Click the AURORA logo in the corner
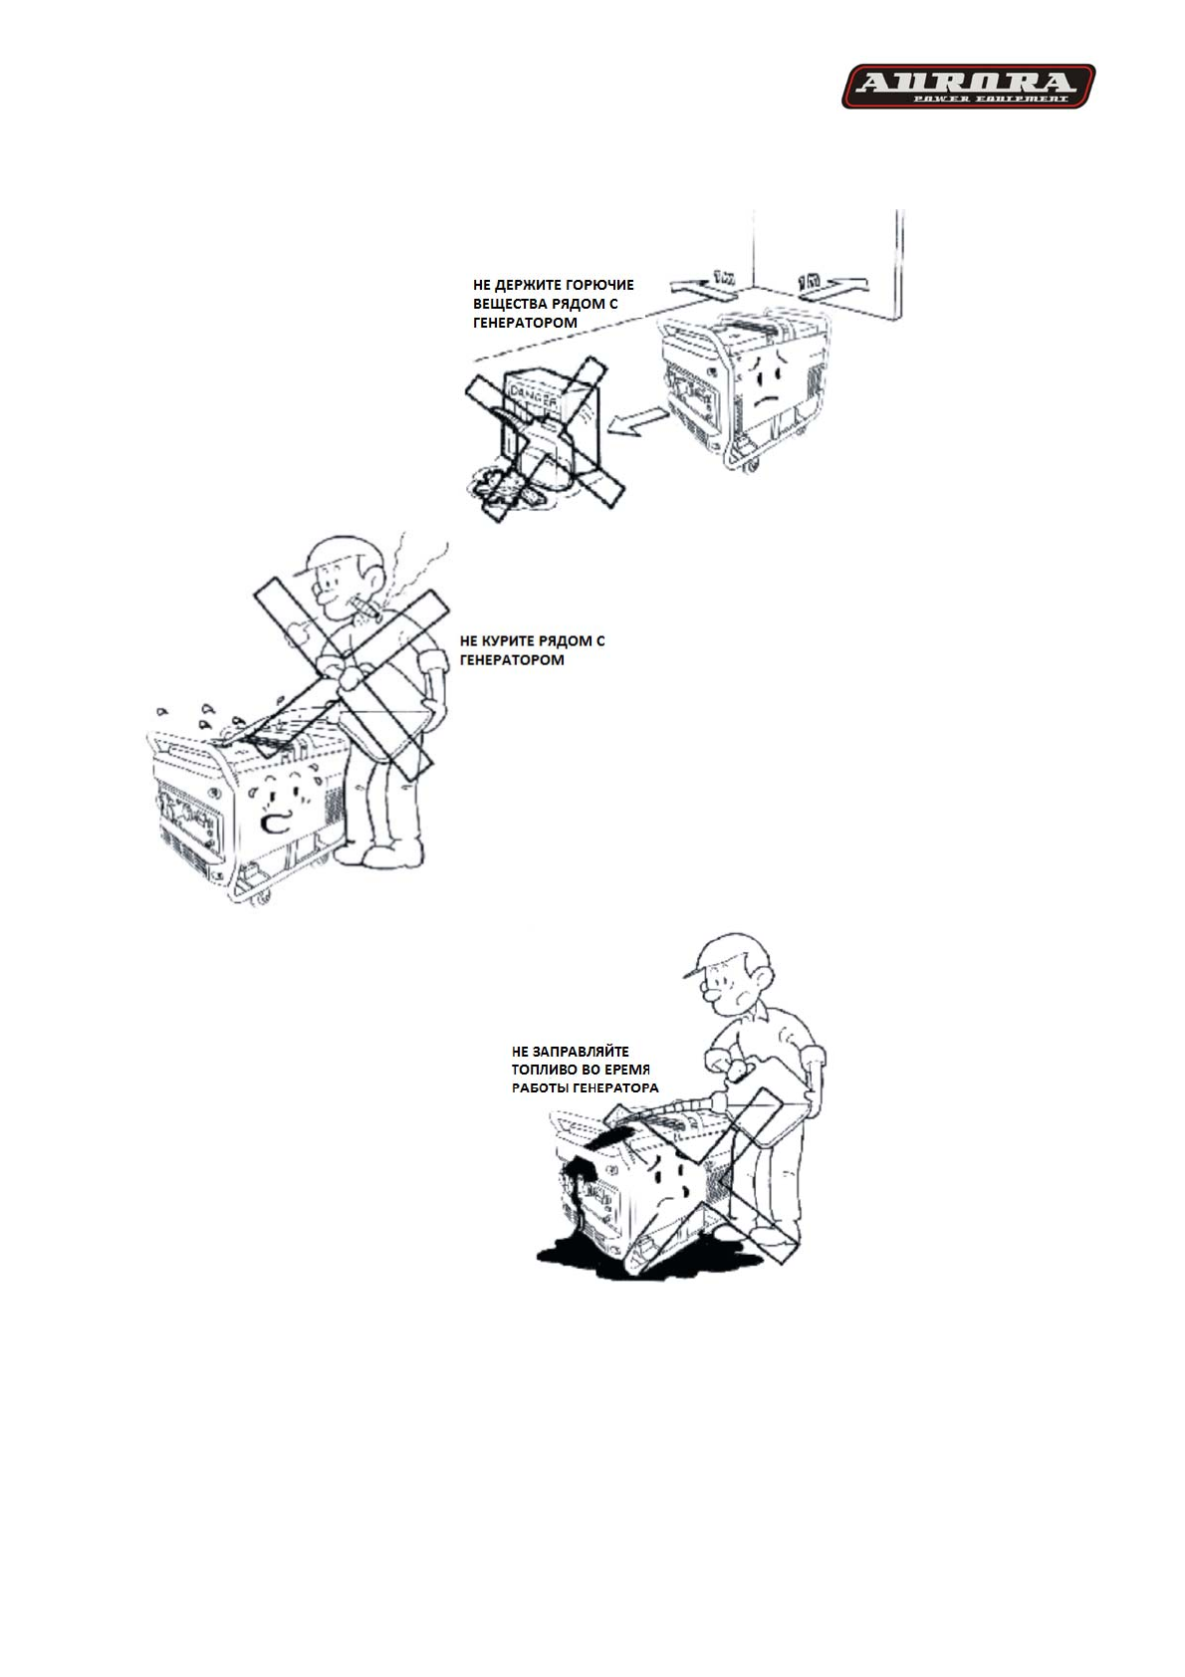coord(968,86)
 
